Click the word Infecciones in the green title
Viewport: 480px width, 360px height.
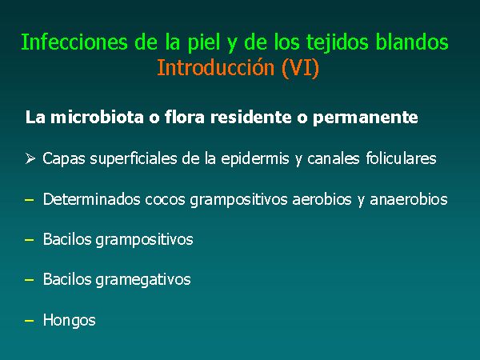74,42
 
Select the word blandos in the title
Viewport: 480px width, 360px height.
412,42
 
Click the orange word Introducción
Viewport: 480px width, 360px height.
215,67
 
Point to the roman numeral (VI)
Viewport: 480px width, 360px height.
300,68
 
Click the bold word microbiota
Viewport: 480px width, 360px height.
97,118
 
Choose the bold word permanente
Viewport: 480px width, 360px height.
366,118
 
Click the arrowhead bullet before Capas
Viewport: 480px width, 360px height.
30,158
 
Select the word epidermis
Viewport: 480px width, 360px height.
255,159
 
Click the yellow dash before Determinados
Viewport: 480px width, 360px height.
30,200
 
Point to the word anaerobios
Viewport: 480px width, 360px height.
409,199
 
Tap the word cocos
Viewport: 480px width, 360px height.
165,199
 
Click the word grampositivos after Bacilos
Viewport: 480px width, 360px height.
144,240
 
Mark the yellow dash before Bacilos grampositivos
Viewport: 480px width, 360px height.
30,240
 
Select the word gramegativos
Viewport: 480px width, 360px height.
143,280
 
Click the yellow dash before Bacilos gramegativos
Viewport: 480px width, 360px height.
30,280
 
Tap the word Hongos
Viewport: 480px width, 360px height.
69,321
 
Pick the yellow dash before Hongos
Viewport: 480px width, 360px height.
30,321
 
